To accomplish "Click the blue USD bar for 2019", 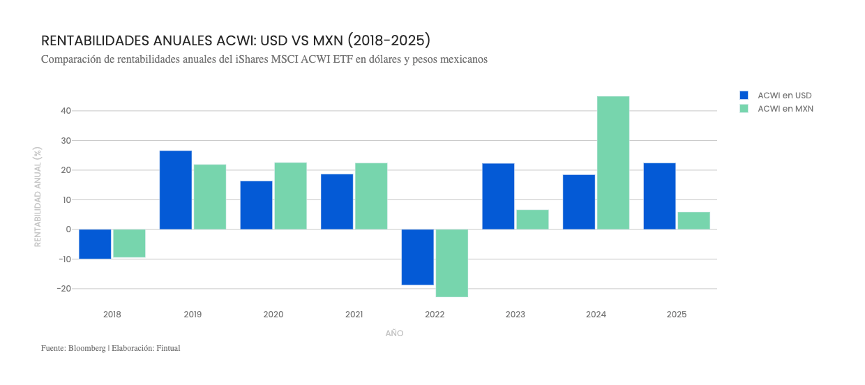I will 176,190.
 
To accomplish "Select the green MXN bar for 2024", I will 613,163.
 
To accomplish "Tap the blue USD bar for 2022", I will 418,257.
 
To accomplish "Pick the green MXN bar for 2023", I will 532,219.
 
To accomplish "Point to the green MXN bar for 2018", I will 129,243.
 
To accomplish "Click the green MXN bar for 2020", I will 290,196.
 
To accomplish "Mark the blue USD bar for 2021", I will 337,202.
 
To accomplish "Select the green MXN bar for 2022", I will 452,263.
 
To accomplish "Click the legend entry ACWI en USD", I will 784,96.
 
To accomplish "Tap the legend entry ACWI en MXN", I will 785,109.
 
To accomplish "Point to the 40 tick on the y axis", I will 66,111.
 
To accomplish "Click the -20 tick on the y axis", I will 63,289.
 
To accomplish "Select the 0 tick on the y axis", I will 68,229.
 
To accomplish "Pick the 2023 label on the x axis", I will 516,315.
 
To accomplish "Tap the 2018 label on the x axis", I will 112,315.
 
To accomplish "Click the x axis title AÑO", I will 394,333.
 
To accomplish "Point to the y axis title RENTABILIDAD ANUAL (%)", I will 38,196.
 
